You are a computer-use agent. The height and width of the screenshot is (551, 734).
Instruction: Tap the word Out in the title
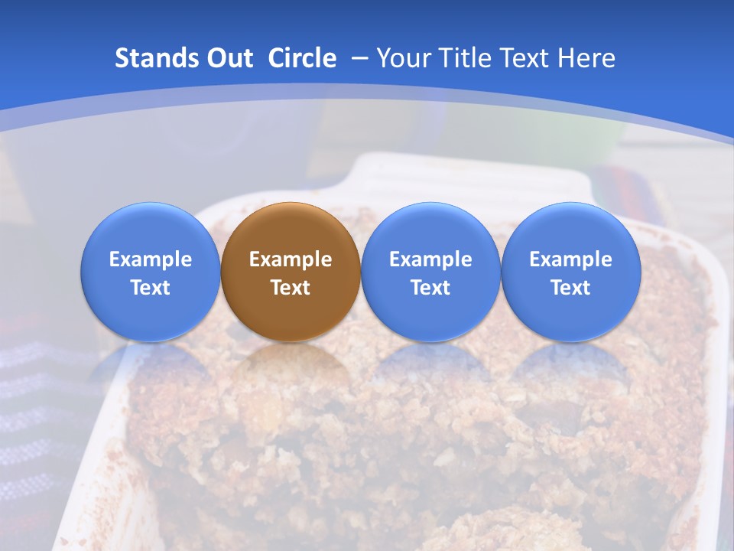(227, 58)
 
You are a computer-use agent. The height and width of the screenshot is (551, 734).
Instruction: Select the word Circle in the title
(302, 58)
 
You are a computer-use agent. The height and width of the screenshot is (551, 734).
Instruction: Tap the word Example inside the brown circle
(291, 259)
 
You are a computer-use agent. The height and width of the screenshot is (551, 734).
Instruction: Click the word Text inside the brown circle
(291, 288)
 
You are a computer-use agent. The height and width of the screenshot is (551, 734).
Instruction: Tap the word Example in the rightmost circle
(570, 259)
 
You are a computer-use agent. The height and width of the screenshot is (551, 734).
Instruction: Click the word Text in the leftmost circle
(151, 288)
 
